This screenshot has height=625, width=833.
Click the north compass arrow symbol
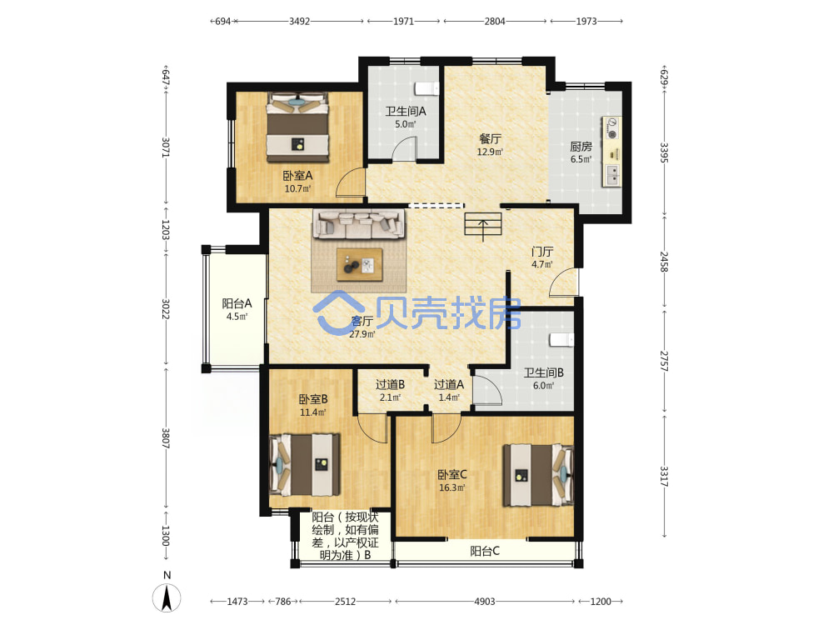click(x=167, y=597)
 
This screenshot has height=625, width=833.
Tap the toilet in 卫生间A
click(x=427, y=88)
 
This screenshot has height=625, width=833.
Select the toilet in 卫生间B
click(x=561, y=340)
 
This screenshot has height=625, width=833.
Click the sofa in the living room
click(x=358, y=223)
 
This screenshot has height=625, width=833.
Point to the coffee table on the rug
click(x=360, y=264)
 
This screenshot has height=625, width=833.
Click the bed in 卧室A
click(x=297, y=127)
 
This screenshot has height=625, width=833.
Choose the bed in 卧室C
click(x=538, y=475)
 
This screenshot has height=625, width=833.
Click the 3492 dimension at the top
click(x=299, y=22)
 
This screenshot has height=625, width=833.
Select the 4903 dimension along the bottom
click(x=485, y=601)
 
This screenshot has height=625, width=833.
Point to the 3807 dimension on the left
click(x=165, y=439)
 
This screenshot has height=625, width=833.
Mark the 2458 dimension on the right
click(x=664, y=262)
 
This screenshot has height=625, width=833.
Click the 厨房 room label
click(x=581, y=146)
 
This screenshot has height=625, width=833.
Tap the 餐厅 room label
click(x=490, y=138)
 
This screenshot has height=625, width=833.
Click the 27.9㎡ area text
click(x=362, y=334)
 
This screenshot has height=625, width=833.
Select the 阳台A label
click(x=237, y=303)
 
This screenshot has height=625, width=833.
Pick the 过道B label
click(x=391, y=384)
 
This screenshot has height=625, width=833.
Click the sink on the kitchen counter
click(x=612, y=175)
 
